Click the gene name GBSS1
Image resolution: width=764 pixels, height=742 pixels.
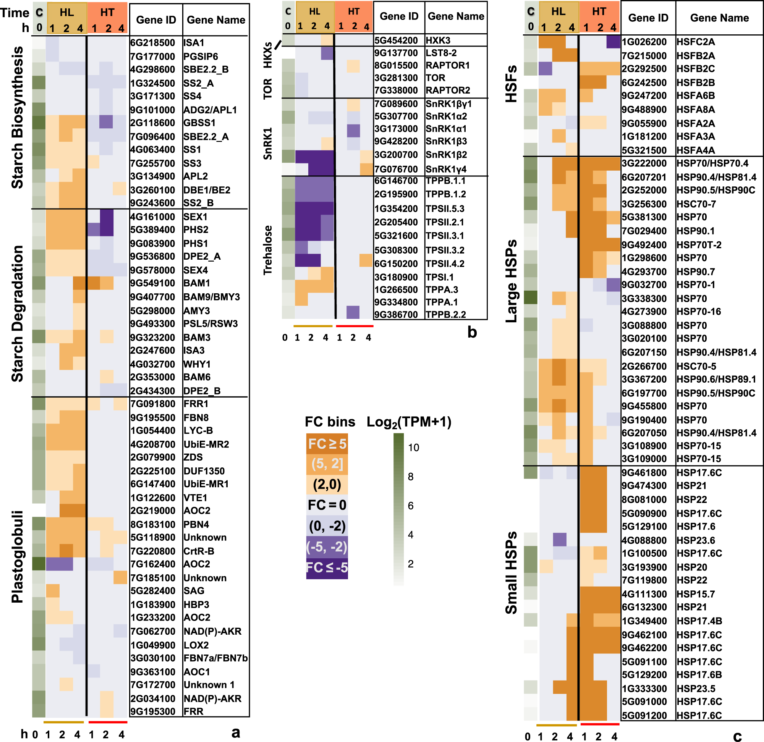pyautogui.click(x=199, y=123)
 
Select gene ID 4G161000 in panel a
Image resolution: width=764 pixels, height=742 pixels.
pyautogui.click(x=152, y=217)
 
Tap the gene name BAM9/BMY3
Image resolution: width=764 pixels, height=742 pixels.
pyautogui.click(x=212, y=297)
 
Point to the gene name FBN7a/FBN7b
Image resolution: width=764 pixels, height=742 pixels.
pyautogui.click(x=215, y=658)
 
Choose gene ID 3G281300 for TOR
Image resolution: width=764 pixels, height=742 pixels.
pyautogui.click(x=396, y=78)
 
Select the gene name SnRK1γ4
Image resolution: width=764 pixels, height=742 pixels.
pyautogui.click(x=446, y=169)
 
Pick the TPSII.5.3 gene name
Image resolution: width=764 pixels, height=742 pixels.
pyautogui.click(x=445, y=209)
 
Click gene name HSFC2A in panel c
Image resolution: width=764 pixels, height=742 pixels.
pyautogui.click(x=695, y=42)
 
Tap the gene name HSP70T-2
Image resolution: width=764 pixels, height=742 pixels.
pyautogui.click(x=699, y=245)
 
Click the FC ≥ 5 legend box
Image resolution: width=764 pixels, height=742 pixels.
pyautogui.click(x=327, y=444)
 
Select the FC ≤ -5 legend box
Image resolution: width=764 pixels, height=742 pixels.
pyautogui.click(x=327, y=567)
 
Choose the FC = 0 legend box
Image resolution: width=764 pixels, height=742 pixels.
pyautogui.click(x=327, y=505)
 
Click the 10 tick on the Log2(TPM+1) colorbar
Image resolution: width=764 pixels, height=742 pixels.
pyautogui.click(x=413, y=448)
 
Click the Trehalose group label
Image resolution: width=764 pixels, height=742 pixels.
pyautogui.click(x=267, y=250)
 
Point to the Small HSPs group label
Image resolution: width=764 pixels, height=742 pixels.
pyautogui.click(x=511, y=572)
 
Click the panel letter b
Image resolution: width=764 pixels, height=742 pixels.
pyautogui.click(x=472, y=332)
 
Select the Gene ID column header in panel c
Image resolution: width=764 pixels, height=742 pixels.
pyautogui.click(x=648, y=18)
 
